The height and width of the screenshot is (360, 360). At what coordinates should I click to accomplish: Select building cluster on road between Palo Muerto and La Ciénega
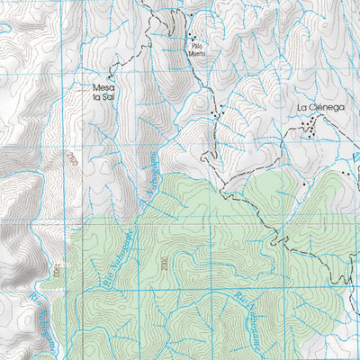(215, 112)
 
